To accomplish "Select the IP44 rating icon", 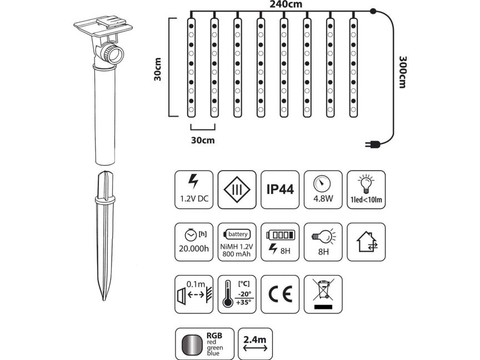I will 280,189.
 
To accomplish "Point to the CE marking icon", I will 280,294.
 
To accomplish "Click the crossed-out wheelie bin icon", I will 323,294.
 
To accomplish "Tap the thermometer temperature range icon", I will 237,294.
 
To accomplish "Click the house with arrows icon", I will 367,242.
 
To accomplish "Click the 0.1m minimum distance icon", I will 193,294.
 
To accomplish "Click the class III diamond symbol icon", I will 237,189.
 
